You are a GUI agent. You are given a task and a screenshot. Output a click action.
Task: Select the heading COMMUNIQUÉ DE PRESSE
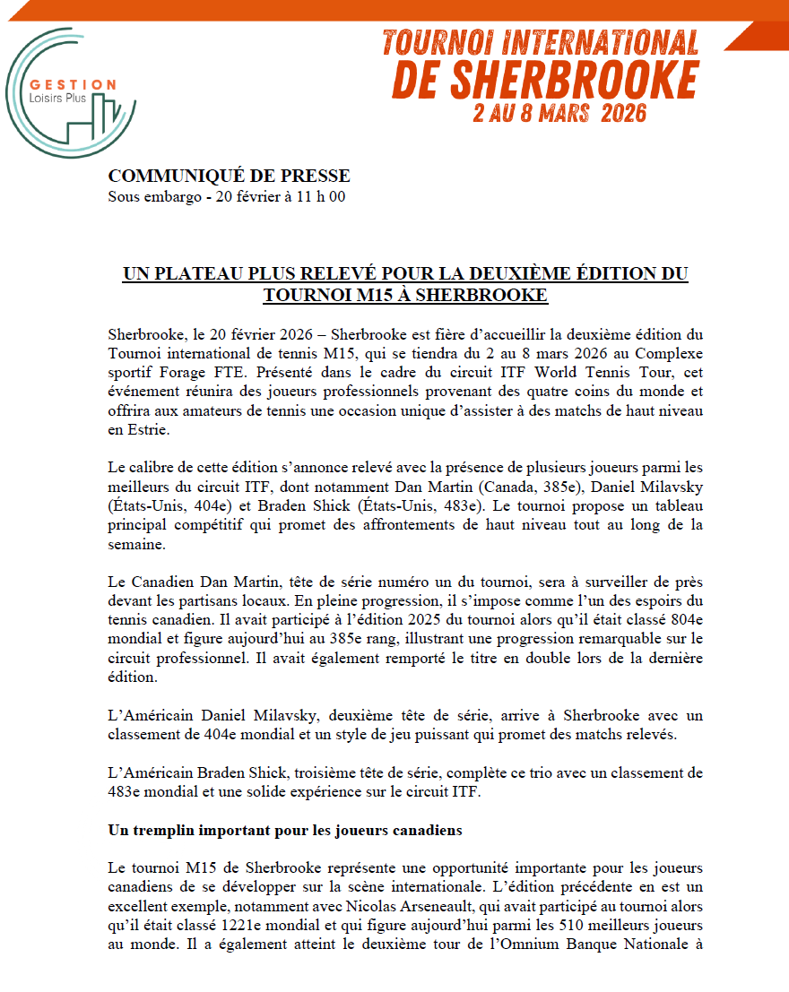click(229, 177)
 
